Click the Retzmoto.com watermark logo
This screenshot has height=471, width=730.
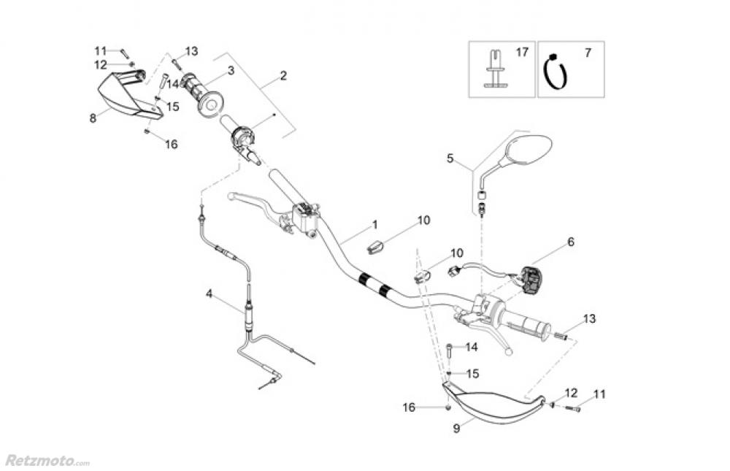click(x=47, y=461)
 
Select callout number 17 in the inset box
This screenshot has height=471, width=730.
click(x=521, y=53)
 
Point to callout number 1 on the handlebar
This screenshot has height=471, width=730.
click(x=374, y=223)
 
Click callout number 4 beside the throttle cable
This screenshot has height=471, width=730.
click(x=209, y=294)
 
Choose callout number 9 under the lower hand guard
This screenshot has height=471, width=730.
click(x=456, y=429)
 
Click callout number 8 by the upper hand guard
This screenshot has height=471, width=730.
click(x=93, y=118)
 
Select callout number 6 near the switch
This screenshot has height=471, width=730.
click(x=571, y=242)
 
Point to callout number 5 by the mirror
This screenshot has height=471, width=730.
click(x=450, y=158)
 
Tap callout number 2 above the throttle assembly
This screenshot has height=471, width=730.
click(x=283, y=75)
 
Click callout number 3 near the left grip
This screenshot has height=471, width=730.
click(x=230, y=71)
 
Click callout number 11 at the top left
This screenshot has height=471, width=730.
click(x=101, y=50)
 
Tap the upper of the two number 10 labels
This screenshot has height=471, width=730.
click(x=424, y=220)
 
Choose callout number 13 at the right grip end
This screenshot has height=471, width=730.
click(x=589, y=318)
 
